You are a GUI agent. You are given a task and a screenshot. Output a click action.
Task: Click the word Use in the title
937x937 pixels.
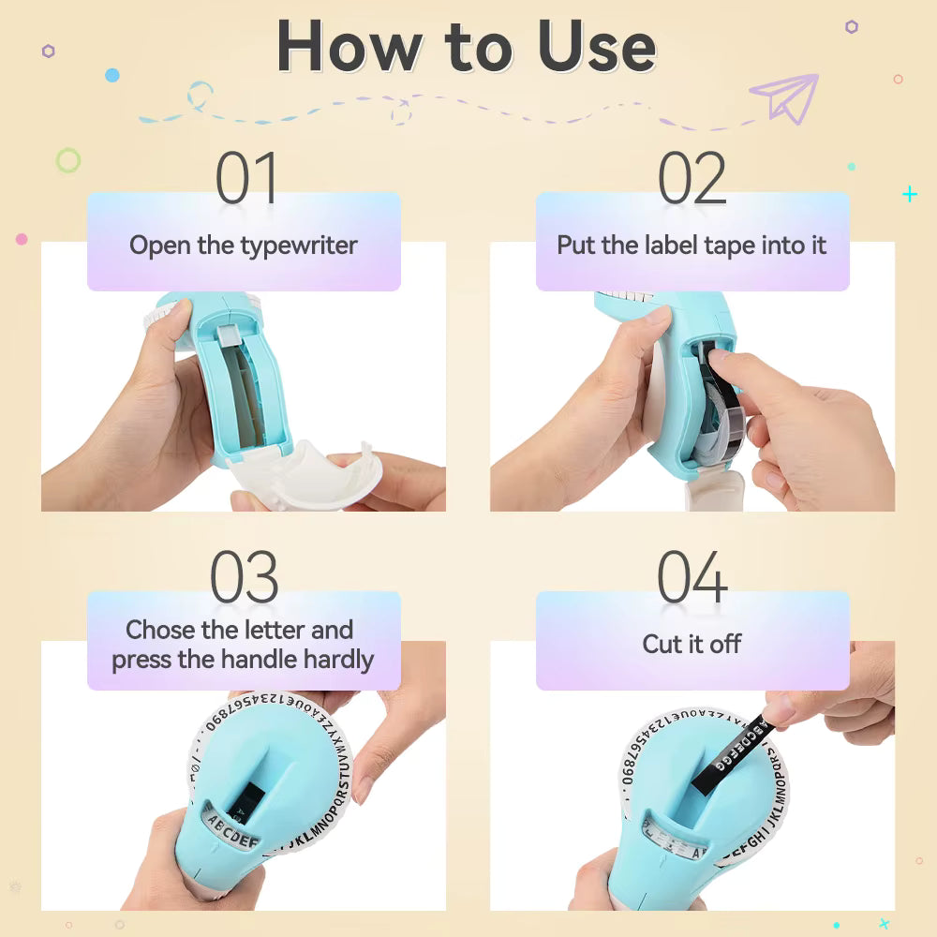[x=596, y=46]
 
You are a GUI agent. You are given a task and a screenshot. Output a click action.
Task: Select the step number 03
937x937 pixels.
[x=244, y=577]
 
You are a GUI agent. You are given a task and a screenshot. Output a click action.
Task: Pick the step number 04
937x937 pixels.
[x=692, y=577]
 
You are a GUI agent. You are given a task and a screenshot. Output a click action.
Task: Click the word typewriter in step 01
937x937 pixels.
[x=299, y=246]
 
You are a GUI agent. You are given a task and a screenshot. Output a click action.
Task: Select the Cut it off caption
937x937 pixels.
[x=692, y=645]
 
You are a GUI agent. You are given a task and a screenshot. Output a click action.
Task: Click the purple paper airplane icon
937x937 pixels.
[x=784, y=97]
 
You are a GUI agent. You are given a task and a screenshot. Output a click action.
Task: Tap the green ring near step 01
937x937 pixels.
[x=67, y=161]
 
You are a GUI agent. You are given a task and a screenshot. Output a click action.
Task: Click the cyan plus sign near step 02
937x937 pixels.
[x=909, y=194]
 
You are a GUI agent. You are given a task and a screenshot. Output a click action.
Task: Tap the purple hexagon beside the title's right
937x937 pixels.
[x=851, y=27]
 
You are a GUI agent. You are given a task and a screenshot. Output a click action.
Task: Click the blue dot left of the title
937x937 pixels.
[x=112, y=75]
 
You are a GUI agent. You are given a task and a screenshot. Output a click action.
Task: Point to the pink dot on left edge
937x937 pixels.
[x=22, y=239]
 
